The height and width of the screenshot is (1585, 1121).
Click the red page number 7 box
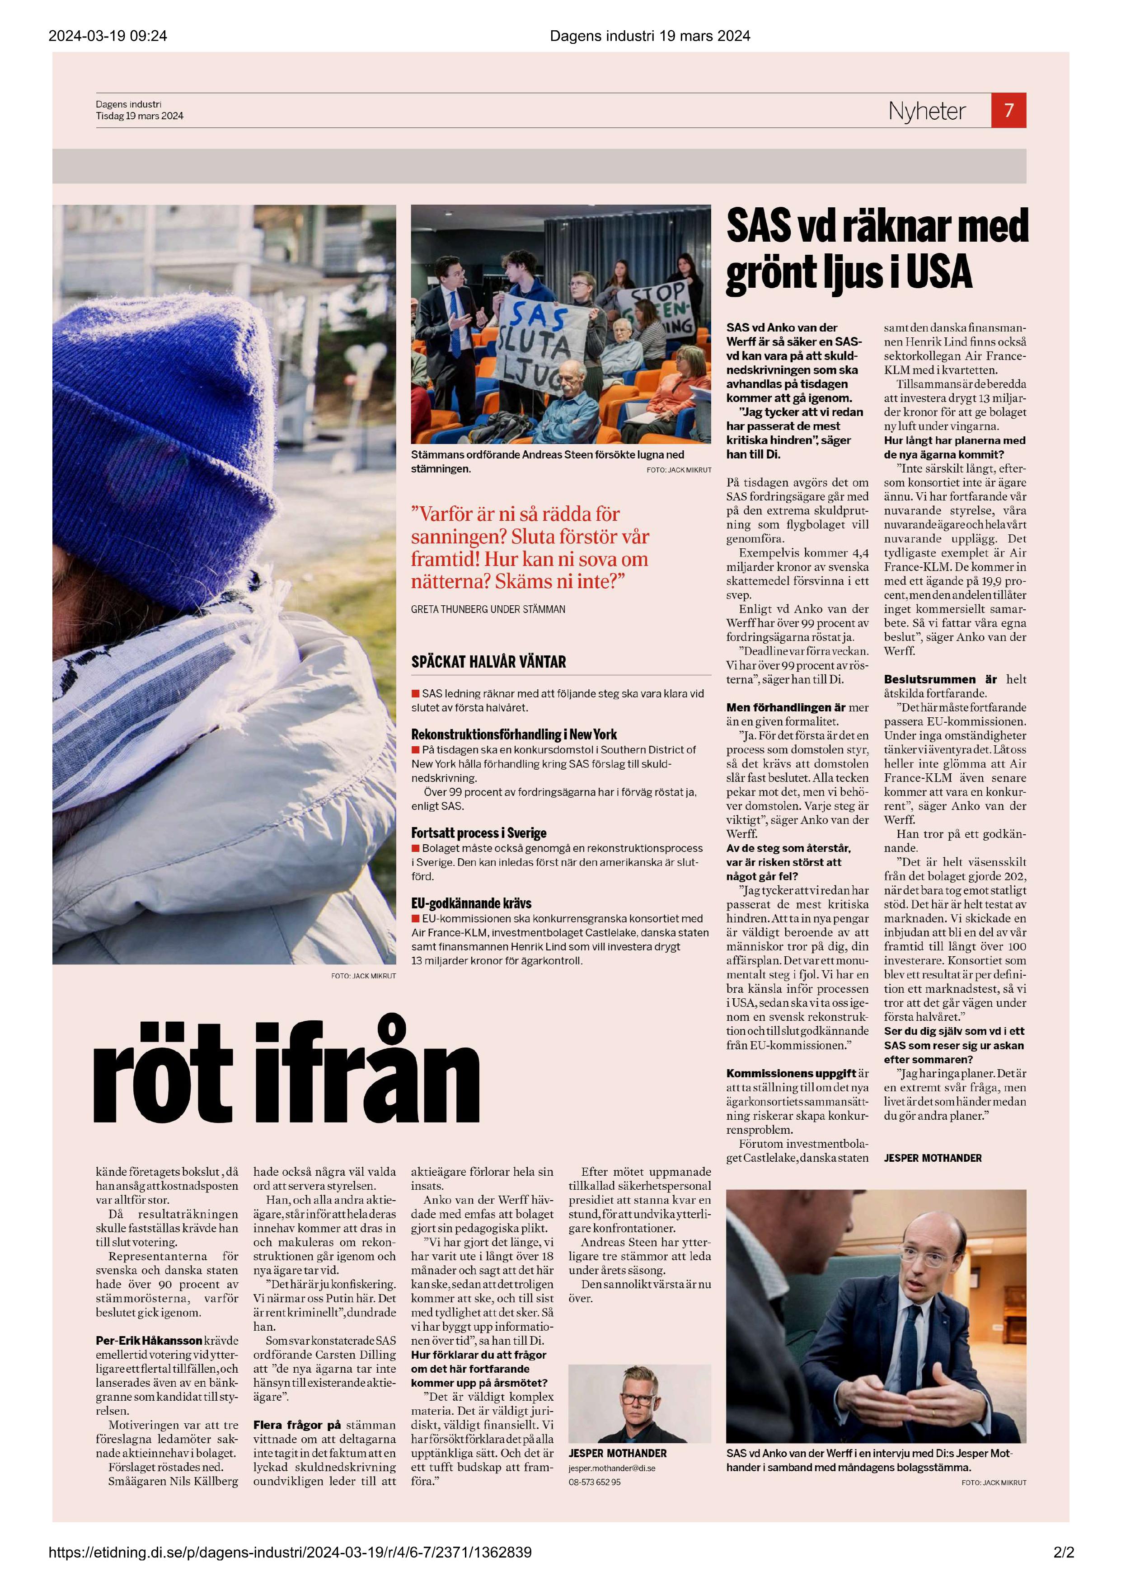pos(1008,111)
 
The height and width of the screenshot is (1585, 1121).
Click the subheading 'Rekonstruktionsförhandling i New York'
pos(514,734)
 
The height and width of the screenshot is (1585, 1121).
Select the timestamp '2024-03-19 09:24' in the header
pos(108,36)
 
